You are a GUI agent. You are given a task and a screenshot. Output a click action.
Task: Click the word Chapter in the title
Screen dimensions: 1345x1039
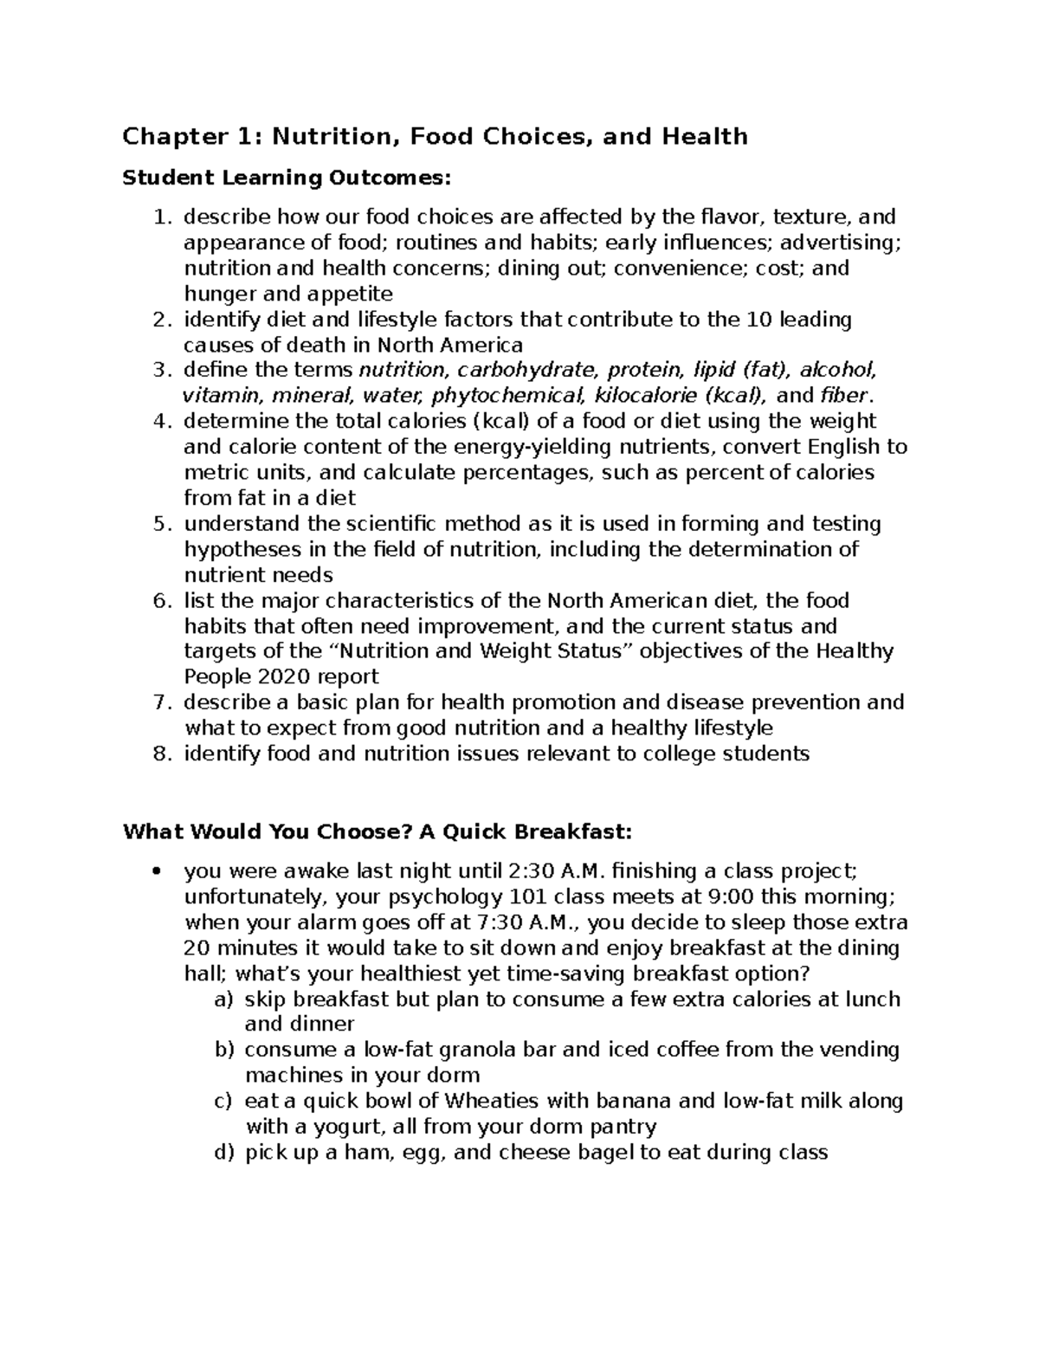[x=160, y=137]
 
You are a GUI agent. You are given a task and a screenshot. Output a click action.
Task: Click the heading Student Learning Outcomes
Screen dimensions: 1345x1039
[x=287, y=178]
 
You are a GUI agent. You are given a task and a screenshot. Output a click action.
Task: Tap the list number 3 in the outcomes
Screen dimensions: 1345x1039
[x=158, y=371]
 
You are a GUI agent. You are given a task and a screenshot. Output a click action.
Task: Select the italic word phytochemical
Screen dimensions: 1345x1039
[x=508, y=396]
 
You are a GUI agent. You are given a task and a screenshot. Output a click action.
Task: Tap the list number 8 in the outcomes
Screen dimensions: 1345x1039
[x=158, y=753]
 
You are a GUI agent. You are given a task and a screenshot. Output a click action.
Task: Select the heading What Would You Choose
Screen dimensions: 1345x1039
[x=378, y=832]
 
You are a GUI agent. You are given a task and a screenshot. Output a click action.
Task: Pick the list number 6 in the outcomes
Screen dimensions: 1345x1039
[x=158, y=600]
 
